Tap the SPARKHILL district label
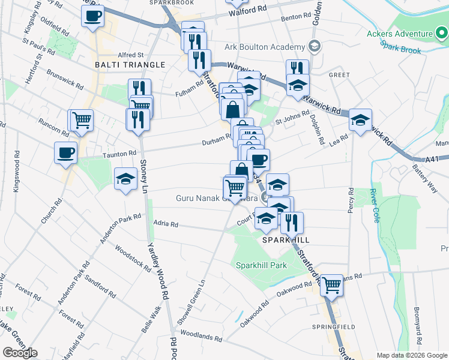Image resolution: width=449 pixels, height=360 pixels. click(x=286, y=239)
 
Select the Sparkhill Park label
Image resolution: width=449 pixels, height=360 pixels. click(x=262, y=265)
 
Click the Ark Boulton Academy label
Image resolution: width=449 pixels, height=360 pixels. click(x=265, y=47)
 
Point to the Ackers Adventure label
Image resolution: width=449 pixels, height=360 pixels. click(x=400, y=34)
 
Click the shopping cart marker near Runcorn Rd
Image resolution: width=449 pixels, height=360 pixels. click(x=82, y=120)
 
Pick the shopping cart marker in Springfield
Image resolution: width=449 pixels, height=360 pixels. click(x=331, y=285)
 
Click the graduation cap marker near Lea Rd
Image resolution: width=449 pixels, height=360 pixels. click(x=361, y=120)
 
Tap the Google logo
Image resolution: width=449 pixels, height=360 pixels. click(x=20, y=353)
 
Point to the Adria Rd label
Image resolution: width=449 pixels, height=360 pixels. click(x=166, y=224)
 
